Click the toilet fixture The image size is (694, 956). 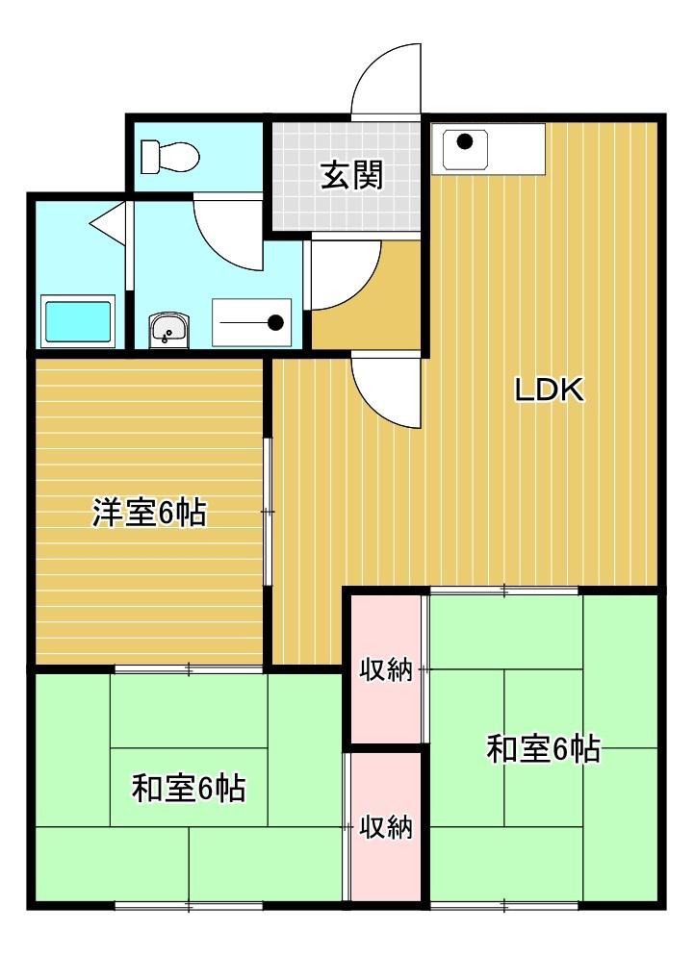click(168, 155)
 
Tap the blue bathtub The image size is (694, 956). click(78, 322)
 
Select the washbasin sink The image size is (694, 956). click(168, 330)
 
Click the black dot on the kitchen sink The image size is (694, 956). click(465, 142)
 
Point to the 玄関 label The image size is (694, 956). click(351, 176)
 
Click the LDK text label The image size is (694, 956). click(549, 390)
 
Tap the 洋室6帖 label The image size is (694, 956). click(149, 513)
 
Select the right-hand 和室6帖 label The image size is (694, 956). click(544, 747)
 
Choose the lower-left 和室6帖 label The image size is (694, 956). click(189, 789)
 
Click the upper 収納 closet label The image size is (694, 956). click(386, 670)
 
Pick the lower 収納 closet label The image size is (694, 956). click(386, 826)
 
